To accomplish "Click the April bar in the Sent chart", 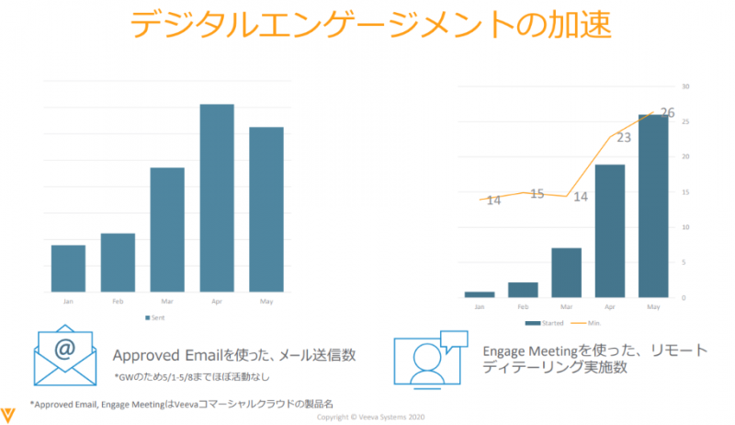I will point(217,198).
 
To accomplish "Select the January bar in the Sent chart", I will point(68,268).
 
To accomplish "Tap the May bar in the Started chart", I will point(653,206).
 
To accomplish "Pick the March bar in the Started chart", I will point(567,272).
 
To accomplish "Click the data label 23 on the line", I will point(624,138).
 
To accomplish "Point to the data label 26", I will point(667,113).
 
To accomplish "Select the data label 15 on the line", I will point(537,194).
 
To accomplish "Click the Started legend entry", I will point(550,322).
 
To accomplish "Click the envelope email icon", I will point(65,355).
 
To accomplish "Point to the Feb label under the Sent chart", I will point(118,301).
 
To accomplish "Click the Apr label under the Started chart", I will point(610,306).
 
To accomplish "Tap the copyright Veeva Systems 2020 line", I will point(367,417).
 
